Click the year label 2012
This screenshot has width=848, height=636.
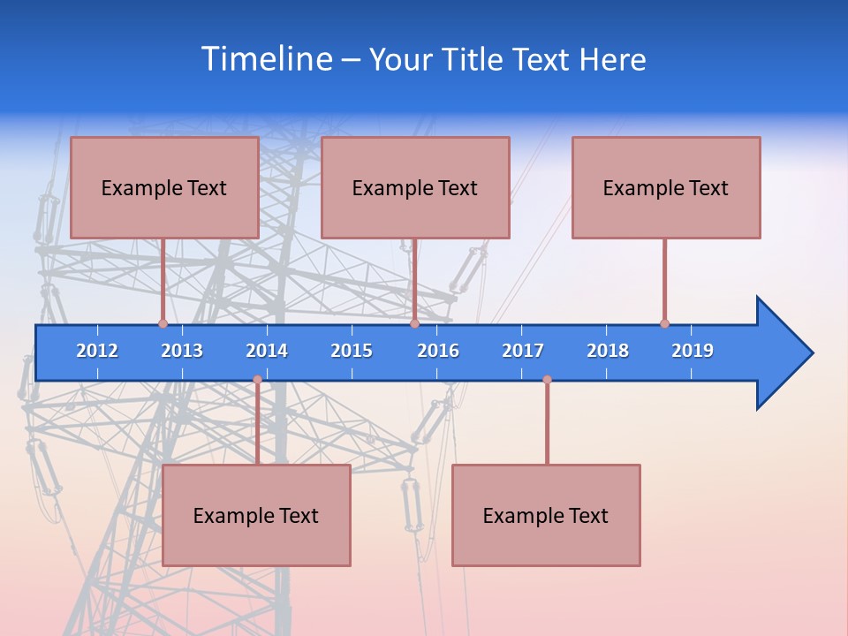(x=97, y=351)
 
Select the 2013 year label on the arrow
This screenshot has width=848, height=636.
(x=182, y=351)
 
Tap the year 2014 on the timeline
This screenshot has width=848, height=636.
(x=267, y=351)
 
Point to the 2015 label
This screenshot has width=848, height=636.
(x=352, y=351)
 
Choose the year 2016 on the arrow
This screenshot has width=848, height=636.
(x=438, y=351)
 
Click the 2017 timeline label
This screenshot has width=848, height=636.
(x=523, y=351)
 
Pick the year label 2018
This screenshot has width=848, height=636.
(x=608, y=351)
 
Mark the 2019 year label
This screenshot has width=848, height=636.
(x=693, y=351)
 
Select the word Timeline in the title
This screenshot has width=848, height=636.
(x=266, y=59)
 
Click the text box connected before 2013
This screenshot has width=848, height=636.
(x=164, y=187)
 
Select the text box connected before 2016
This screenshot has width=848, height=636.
(x=415, y=187)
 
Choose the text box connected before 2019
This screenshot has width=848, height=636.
(x=666, y=187)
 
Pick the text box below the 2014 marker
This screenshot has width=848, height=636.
(x=256, y=515)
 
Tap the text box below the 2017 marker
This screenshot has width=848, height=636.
(x=546, y=515)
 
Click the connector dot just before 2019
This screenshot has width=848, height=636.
(x=664, y=323)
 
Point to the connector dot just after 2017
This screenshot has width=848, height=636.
(x=547, y=380)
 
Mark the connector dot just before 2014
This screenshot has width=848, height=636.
(x=257, y=380)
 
